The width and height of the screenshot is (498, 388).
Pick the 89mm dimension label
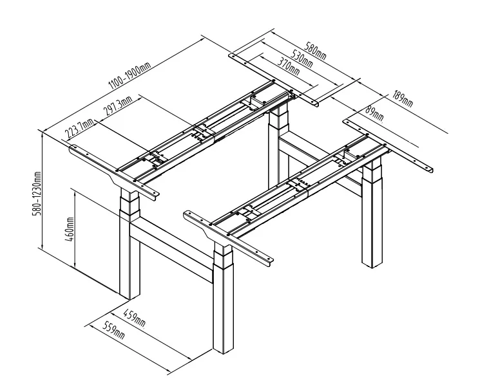[x=374, y=115]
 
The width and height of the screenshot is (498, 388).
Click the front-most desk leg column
[x=222, y=302]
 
